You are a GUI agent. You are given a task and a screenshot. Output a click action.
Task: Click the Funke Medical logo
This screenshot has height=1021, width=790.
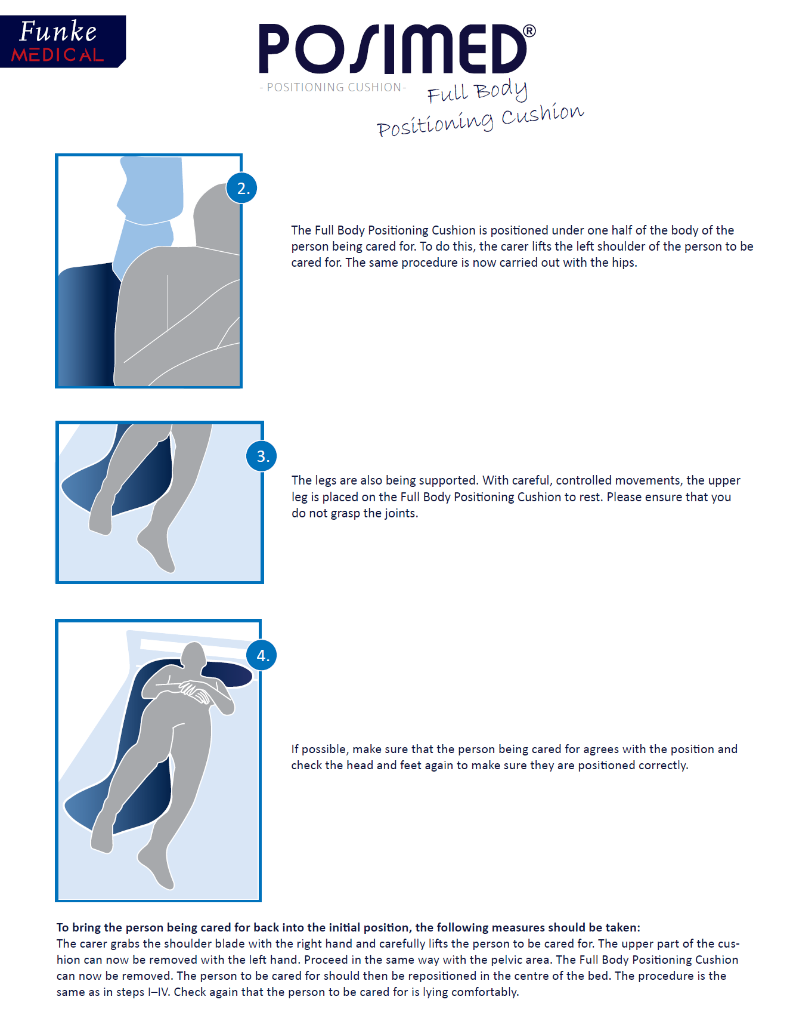click(62, 41)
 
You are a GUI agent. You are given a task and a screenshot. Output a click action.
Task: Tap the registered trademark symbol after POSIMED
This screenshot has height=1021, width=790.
click(529, 31)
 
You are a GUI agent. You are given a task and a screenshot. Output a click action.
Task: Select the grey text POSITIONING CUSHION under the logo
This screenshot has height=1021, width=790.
click(333, 88)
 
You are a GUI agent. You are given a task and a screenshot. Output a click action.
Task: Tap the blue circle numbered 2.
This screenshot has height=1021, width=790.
click(242, 189)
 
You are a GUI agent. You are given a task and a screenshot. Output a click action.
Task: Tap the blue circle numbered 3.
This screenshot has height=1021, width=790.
click(262, 456)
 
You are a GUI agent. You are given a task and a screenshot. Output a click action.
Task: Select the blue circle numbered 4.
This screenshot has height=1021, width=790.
click(262, 655)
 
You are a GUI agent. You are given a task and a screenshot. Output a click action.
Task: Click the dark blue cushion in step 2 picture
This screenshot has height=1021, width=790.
click(86, 325)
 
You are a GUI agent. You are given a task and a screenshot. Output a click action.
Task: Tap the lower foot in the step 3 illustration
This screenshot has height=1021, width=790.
click(156, 549)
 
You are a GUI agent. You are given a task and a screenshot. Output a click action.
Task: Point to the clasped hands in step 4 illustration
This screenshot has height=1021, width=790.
click(196, 692)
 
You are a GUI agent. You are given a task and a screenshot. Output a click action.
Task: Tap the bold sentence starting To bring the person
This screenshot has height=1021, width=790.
click(348, 927)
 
